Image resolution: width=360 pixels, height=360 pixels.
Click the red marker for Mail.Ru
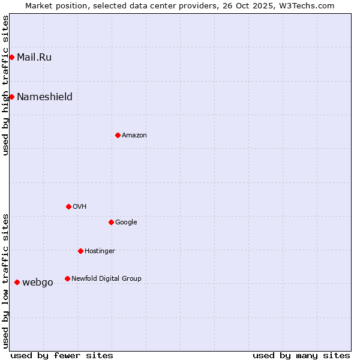click(x=11, y=57)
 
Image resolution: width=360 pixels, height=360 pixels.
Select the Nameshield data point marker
click(x=11, y=97)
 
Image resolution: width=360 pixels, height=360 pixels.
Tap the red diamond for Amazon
click(x=118, y=135)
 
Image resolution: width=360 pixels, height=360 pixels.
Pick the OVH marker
click(x=68, y=206)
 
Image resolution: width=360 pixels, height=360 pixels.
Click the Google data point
click(x=111, y=222)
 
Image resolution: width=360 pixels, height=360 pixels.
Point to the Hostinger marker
click(x=80, y=251)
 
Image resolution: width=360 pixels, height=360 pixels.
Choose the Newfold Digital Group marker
click(x=67, y=278)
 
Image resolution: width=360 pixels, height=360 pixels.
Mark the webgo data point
click(x=17, y=282)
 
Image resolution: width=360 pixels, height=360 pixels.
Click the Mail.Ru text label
click(x=34, y=58)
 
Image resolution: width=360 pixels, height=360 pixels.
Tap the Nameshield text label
click(x=44, y=97)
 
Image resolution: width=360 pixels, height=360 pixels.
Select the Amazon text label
click(x=134, y=136)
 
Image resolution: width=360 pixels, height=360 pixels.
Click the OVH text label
click(x=79, y=207)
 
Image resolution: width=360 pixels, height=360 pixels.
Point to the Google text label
click(x=126, y=223)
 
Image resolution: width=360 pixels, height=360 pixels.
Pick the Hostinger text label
click(x=100, y=251)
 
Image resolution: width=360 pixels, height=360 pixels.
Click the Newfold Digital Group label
click(x=106, y=279)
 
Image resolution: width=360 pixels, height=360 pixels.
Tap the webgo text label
click(x=37, y=283)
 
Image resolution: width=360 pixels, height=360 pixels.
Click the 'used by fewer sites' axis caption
click(x=62, y=355)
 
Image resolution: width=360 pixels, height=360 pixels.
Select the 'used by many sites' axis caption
click(x=301, y=355)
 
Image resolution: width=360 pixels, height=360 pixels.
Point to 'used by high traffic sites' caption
click(x=5, y=85)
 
